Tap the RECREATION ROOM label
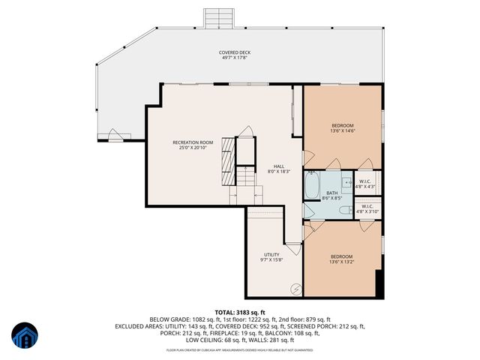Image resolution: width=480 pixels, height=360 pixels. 193,145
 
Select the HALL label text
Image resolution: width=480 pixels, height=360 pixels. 278,169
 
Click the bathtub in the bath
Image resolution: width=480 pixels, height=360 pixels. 312,184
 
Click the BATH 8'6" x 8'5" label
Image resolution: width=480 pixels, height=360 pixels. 331,196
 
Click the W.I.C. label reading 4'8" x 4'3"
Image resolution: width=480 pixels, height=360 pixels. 365,184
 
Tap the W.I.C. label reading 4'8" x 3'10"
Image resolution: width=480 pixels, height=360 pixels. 367,208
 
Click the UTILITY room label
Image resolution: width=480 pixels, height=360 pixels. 271,257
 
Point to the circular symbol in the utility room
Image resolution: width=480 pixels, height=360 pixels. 295,287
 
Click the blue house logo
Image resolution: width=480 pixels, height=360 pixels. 24,336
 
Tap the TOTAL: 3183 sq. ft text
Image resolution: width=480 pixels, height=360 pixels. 240,311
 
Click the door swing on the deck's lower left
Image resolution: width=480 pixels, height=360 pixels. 118,136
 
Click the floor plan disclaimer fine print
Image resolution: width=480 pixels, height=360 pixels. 240,349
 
